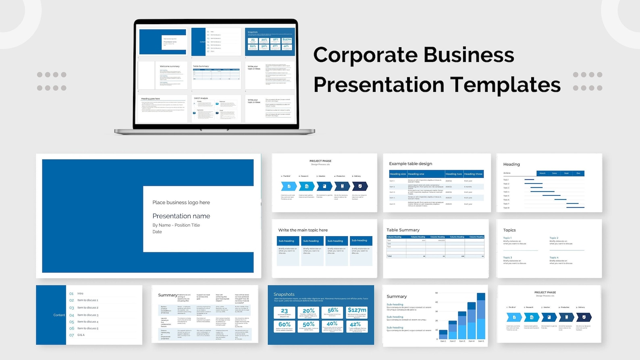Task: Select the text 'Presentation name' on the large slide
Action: point(181,216)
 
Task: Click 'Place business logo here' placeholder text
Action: point(181,202)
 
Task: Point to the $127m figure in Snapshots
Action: point(357,310)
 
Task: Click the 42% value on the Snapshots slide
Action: point(355,325)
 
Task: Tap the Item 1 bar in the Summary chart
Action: point(443,334)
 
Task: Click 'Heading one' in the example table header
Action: point(416,174)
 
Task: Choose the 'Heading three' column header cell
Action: point(473,174)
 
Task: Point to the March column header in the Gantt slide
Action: point(542,173)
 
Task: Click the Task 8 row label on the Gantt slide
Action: point(506,208)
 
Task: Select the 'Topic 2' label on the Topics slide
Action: point(554,238)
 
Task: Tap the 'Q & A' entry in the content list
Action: point(81,335)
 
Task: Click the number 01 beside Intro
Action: point(71,293)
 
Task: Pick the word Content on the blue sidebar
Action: point(59,315)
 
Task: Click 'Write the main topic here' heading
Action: point(303,230)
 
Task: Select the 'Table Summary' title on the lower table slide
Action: point(403,230)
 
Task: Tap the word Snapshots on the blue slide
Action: point(284,294)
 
